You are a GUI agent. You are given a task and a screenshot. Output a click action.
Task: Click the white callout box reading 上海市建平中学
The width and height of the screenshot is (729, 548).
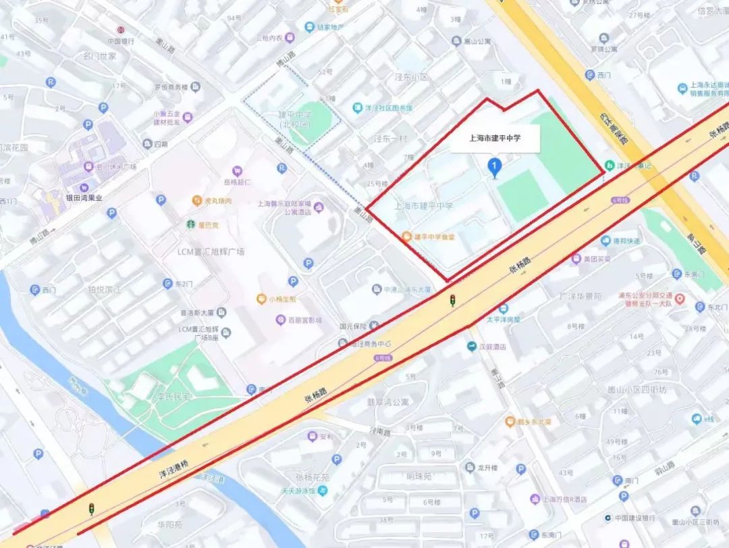(495, 138)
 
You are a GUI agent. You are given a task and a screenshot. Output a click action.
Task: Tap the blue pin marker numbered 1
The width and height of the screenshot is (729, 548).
(495, 167)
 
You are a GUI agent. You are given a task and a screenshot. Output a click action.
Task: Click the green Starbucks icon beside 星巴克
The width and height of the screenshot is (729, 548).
(192, 224)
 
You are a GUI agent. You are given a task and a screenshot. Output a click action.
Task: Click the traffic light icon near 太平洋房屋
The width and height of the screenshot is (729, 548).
(453, 299)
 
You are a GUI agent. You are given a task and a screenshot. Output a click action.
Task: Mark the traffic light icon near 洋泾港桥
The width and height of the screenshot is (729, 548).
(91, 509)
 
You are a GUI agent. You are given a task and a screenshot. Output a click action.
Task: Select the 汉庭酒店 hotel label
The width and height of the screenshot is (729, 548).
(492, 347)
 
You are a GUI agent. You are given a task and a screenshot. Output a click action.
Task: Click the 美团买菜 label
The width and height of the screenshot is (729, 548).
(597, 259)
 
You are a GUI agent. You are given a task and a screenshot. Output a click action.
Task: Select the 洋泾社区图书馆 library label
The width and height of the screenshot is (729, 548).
(388, 108)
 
